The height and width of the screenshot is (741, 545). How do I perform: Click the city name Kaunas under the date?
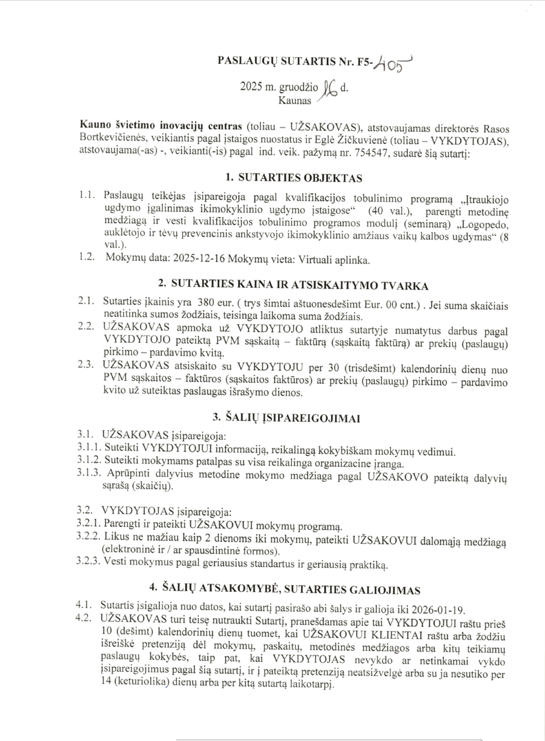click(294, 101)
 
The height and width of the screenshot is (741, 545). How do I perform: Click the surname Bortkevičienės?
click(109, 141)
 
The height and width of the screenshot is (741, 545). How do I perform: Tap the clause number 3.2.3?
click(90, 562)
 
